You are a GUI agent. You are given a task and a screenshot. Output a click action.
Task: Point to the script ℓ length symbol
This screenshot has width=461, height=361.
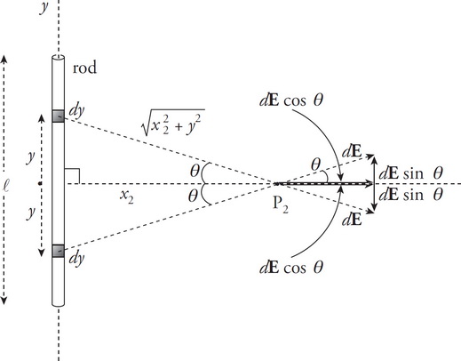point(8,184)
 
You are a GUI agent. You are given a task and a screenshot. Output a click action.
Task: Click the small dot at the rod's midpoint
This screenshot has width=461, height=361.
point(42,184)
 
